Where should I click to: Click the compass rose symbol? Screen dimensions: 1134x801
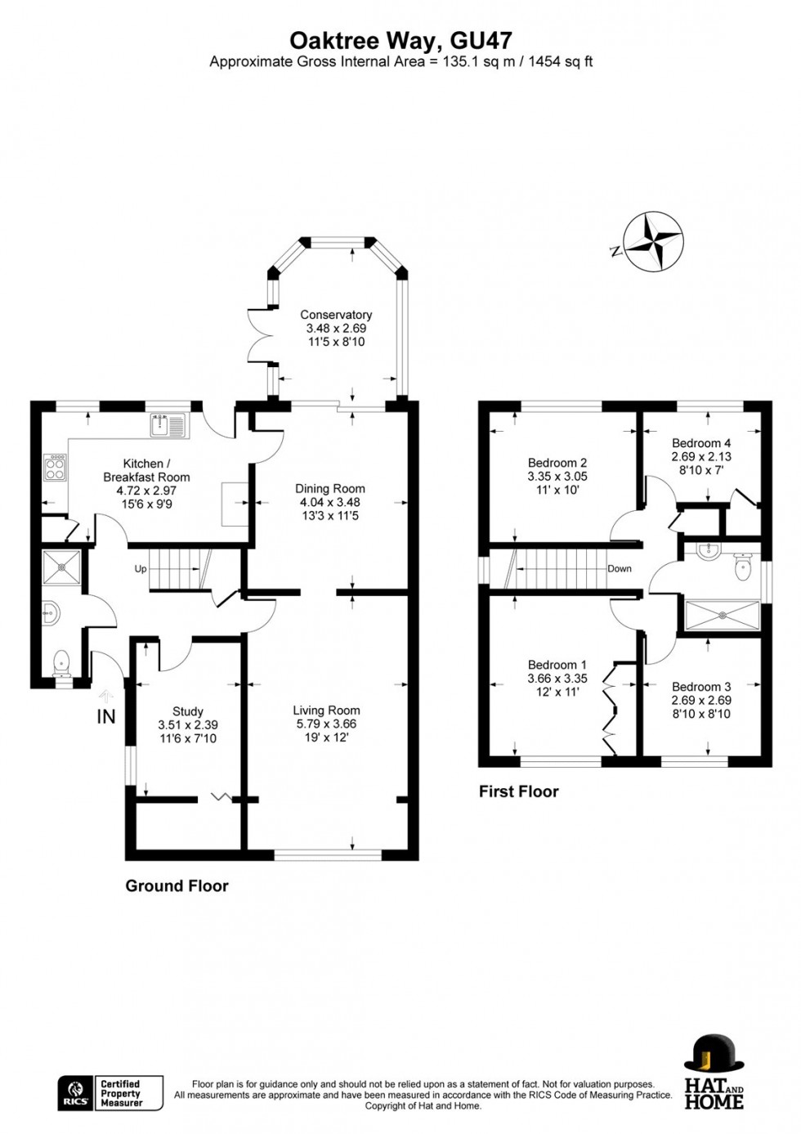(x=653, y=241)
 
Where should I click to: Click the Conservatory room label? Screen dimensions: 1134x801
(x=336, y=315)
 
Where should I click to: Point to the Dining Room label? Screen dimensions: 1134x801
(x=330, y=489)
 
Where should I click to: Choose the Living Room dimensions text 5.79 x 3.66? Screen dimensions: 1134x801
(x=326, y=724)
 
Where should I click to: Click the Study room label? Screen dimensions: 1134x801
(x=188, y=711)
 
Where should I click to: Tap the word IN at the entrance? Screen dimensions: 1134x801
(x=106, y=717)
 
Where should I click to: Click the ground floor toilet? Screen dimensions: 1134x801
(x=62, y=663)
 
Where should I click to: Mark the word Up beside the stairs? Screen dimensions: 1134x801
(x=141, y=569)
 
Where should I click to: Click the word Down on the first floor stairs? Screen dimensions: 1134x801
(x=619, y=568)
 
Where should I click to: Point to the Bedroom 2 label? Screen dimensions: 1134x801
(x=557, y=463)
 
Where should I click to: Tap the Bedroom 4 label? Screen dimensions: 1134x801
(x=701, y=443)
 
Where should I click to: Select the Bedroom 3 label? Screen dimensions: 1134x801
(x=701, y=687)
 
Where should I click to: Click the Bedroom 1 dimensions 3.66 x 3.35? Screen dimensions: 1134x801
(x=557, y=679)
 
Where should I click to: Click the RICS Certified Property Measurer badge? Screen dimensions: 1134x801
(x=110, y=1093)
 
